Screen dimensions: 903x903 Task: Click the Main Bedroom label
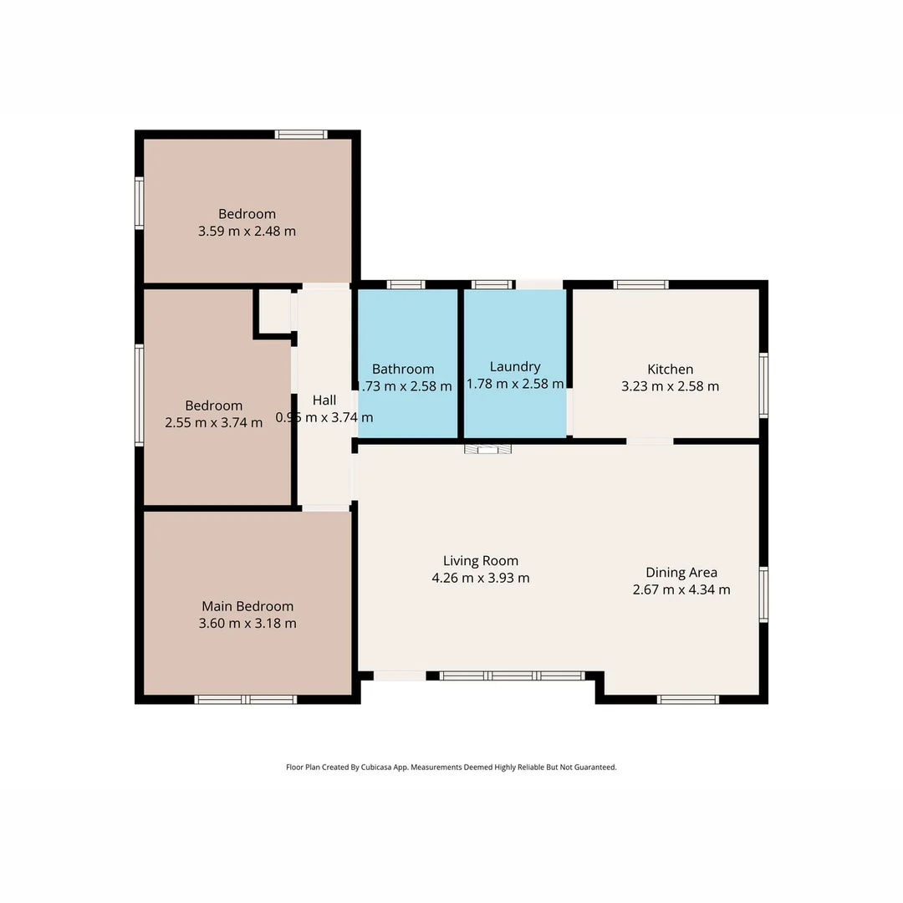coord(247,606)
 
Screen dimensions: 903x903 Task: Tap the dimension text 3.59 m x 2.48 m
coord(247,231)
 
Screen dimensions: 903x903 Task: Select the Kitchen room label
coord(670,369)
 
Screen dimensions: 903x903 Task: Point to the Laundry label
coord(514,366)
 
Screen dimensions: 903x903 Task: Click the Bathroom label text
coord(403,369)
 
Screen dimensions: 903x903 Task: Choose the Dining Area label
coord(681,573)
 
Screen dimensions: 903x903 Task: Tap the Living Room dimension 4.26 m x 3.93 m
coord(480,578)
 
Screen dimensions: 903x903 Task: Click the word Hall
coord(324,400)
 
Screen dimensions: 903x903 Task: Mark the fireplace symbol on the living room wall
coord(488,450)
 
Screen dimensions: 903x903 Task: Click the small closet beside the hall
coord(273,311)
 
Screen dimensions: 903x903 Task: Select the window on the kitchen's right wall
coord(763,385)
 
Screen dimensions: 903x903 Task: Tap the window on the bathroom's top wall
coord(406,284)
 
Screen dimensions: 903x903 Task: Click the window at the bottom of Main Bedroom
coord(245,699)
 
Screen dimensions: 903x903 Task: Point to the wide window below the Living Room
coord(512,676)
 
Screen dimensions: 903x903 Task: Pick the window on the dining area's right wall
coord(763,594)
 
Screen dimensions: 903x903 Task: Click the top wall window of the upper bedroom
coord(301,134)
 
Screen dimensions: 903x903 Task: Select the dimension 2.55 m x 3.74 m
coord(214,423)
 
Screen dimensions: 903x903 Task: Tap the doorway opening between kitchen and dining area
coord(650,441)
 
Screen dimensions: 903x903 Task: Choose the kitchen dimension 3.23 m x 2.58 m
coord(670,386)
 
